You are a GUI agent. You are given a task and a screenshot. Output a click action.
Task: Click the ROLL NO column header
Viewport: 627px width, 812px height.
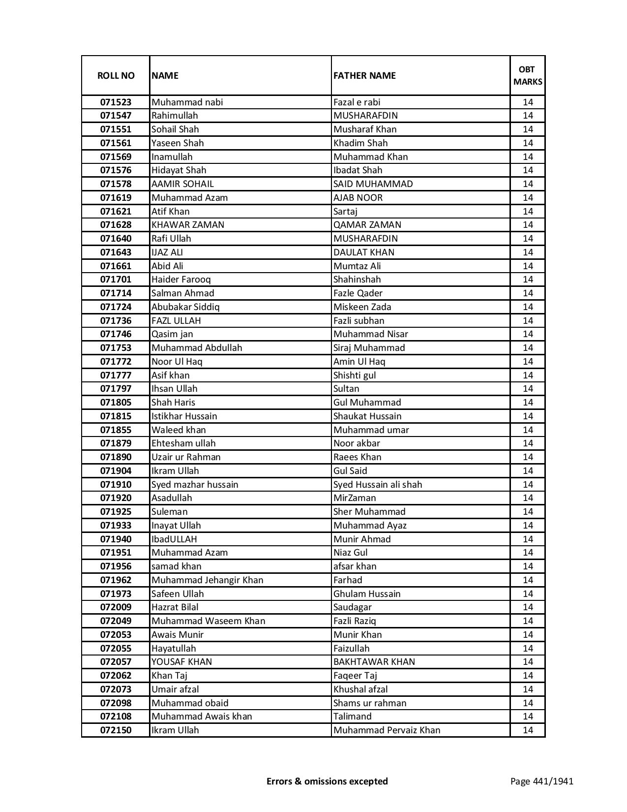coord(116,75)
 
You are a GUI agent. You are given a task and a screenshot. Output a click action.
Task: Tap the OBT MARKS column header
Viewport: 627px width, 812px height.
coord(527,75)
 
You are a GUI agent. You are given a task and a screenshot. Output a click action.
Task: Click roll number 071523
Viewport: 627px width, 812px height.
coord(116,102)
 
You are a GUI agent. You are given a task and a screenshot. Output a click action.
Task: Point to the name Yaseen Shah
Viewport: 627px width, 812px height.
coord(178,143)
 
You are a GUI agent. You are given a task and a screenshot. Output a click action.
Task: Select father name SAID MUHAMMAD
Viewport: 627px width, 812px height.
coord(373,184)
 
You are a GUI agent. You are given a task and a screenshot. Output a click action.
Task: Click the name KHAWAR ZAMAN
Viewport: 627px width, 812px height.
coord(187,225)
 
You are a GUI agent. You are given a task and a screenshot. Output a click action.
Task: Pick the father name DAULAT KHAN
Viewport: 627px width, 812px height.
coord(363,252)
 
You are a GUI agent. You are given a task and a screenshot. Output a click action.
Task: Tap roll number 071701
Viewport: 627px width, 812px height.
coord(116,280)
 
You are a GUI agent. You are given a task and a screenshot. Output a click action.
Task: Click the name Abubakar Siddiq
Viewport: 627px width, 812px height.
coord(185,307)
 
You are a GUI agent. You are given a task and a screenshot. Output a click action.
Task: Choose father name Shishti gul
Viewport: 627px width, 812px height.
coord(354,375)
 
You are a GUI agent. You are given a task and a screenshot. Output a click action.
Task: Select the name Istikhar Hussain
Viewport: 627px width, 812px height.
coord(184,416)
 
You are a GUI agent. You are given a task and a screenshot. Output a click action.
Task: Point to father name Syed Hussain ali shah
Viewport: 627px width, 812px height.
coord(377,485)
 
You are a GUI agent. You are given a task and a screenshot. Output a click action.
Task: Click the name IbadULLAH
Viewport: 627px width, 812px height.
coord(174,539)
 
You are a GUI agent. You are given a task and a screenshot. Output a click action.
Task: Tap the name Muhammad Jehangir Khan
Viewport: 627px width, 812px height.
coord(207,580)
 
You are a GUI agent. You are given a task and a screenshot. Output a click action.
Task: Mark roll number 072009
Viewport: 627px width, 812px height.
coord(116,607)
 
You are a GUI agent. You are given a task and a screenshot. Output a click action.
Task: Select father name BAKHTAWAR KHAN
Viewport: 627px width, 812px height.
coord(374,662)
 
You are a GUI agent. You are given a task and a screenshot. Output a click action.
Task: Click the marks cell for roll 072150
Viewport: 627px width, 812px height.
coord(527,730)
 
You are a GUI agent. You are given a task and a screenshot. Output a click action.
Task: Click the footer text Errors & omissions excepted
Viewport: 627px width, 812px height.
coord(327,781)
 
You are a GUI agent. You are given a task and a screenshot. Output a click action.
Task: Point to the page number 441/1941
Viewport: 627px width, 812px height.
coord(541,781)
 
